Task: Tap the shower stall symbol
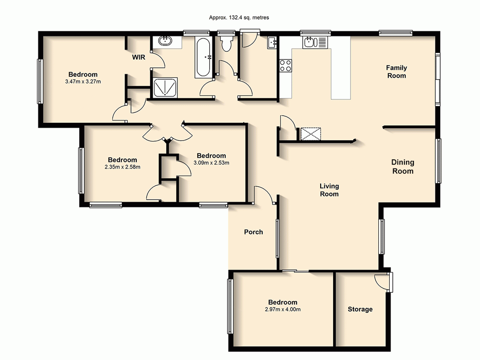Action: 164,87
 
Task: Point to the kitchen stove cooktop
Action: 286,65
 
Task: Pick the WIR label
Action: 139,57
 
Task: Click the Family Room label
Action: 396,72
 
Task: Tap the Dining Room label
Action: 403,167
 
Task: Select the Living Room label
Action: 330,190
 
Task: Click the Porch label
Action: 253,232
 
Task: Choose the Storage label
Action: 360,309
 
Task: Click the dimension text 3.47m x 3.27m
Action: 83,82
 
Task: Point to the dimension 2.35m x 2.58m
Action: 122,167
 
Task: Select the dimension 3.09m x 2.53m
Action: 211,163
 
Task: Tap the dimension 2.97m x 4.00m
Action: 283,309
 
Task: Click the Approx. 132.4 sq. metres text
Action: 239,17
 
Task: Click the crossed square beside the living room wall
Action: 310,133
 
